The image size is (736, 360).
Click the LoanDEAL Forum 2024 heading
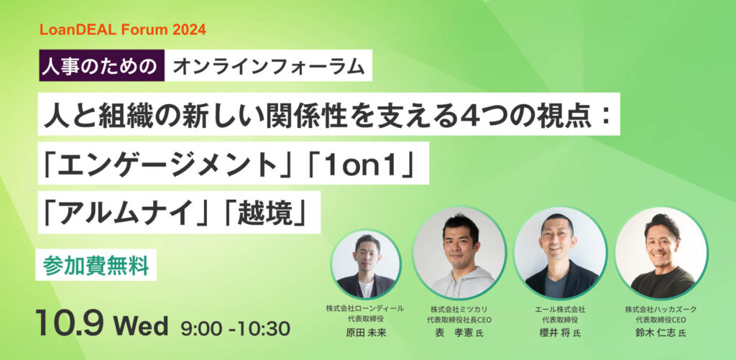pos(122,30)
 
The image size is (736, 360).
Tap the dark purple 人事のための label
pos(102,65)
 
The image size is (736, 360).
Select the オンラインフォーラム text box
pos(269,65)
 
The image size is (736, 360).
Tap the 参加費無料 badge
pos(96,266)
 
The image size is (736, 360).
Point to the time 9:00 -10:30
pos(235,328)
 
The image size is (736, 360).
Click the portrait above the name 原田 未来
pos(366,263)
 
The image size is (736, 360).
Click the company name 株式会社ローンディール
pos(365,308)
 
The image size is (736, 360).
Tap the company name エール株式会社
pos(559,309)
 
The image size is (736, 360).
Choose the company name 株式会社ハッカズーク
pos(661,309)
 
